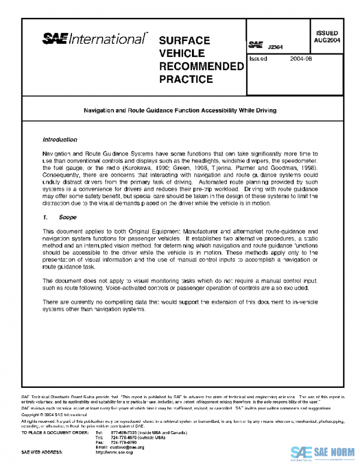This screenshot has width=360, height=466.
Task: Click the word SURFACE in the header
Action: pyautogui.click(x=184, y=40)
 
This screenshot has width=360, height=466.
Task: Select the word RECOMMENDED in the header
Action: pyautogui.click(x=200, y=66)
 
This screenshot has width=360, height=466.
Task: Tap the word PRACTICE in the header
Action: pyautogui.click(x=185, y=79)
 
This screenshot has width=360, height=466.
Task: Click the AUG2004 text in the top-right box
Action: pyautogui.click(x=327, y=40)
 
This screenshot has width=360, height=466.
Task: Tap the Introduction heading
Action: pyautogui.click(x=60, y=140)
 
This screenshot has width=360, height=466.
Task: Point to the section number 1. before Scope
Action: pyautogui.click(x=46, y=214)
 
